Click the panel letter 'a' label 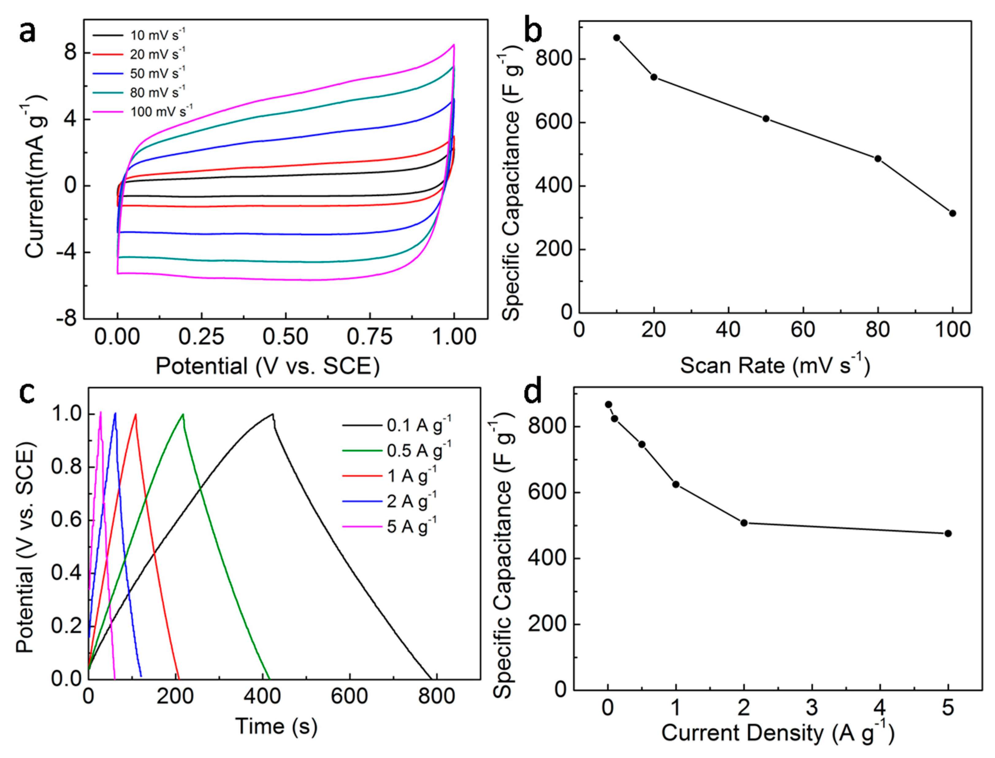point(28,32)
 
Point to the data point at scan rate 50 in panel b point(766,119)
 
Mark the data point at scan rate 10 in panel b point(617,38)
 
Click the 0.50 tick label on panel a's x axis point(285,337)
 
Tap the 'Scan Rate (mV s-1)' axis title point(775,365)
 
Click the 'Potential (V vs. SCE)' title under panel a point(267,366)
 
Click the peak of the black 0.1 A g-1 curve point(273,414)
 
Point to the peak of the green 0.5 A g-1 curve point(183,414)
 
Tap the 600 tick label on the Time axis point(349,696)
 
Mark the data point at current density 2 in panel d point(744,522)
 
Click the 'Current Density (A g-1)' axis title point(777,733)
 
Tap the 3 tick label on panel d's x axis point(812,707)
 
